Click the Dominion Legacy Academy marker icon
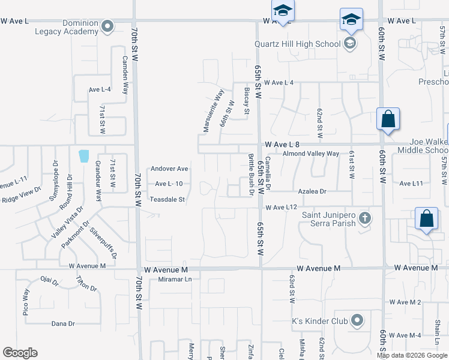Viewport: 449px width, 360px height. pyautogui.click(x=108, y=26)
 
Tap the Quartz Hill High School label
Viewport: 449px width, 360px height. pyautogui.click(x=297, y=44)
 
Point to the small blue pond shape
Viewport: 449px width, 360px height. pyautogui.click(x=84, y=156)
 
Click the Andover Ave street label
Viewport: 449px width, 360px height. pyautogui.click(x=169, y=169)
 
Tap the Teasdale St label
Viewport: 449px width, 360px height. pyautogui.click(x=169, y=199)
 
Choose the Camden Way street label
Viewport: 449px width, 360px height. pyautogui.click(x=125, y=75)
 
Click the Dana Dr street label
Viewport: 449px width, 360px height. pyautogui.click(x=63, y=323)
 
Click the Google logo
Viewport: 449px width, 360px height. pyautogui.click(x=20, y=353)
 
